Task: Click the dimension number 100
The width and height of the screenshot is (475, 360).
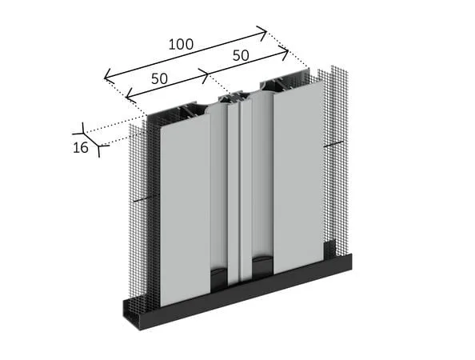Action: (x=181, y=44)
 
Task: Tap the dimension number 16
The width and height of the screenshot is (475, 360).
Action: (x=81, y=147)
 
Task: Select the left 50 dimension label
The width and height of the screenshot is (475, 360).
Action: (x=159, y=78)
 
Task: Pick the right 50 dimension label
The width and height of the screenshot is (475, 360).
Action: (x=241, y=55)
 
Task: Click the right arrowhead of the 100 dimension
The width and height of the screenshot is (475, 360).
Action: (x=262, y=32)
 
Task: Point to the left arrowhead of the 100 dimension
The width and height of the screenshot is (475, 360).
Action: (x=109, y=77)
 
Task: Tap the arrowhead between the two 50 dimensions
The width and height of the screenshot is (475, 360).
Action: (x=205, y=74)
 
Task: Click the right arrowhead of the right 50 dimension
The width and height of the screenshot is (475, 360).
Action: (x=284, y=53)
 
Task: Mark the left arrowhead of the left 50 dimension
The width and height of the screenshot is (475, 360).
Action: (x=130, y=96)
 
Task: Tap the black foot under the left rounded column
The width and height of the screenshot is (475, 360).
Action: (x=219, y=278)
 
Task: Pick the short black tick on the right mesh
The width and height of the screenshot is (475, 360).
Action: (x=333, y=144)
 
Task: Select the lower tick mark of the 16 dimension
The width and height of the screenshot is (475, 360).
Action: (x=99, y=146)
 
